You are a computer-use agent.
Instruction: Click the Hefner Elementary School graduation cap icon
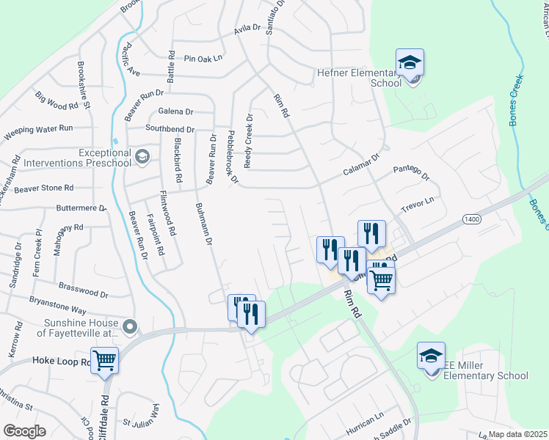point(410,62)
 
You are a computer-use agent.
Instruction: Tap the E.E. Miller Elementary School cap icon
point(431,356)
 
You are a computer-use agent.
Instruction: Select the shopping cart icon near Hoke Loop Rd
point(105,359)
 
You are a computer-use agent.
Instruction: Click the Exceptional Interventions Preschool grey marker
point(142,156)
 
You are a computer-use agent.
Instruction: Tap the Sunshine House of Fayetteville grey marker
point(130,326)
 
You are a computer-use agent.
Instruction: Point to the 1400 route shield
point(471,219)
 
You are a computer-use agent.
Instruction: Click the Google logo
point(24,431)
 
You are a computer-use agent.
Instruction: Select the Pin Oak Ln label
point(203,59)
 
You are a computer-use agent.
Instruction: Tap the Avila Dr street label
point(247,29)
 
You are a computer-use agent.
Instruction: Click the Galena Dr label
point(175,111)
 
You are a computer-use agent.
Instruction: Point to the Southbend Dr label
point(170,129)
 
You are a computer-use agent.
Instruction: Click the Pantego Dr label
point(410,173)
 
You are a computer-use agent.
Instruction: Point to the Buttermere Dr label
point(81,208)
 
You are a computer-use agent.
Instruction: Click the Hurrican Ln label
point(365,415)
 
